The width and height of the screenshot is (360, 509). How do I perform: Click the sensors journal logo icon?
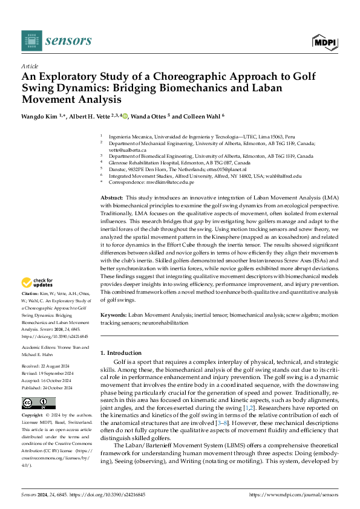pos(30,41)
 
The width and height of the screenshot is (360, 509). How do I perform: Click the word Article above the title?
pos(30,66)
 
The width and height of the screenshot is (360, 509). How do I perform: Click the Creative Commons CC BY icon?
pos(38,403)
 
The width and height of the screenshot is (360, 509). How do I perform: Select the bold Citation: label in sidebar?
pos(31,293)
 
